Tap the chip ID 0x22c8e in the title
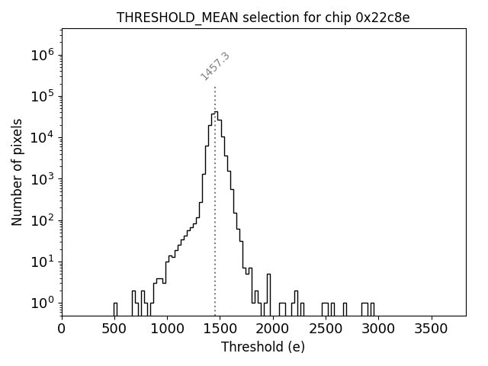[x=383, y=18]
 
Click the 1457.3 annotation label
[x=215, y=66]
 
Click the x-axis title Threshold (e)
[x=263, y=347]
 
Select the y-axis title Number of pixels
[x=17, y=172]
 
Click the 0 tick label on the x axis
[x=62, y=329]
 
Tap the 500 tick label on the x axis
[x=114, y=329]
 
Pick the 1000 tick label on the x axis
[x=167, y=329]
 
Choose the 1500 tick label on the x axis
[x=220, y=329]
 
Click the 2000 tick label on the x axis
[x=273, y=329]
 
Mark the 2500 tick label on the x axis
[x=326, y=329]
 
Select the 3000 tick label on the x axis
[x=379, y=329]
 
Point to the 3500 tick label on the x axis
[x=432, y=329]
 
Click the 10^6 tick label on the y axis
[x=41, y=55]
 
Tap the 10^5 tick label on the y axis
[x=41, y=96]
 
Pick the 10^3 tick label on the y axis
[x=41, y=179]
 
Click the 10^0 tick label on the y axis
[x=41, y=303]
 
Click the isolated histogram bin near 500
[x=115, y=309]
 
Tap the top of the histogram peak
[x=216, y=112]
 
